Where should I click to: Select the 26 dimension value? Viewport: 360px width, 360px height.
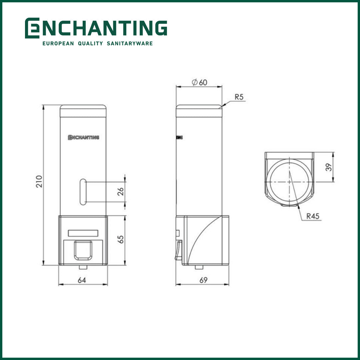(x=121, y=191)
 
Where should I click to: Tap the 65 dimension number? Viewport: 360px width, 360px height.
(x=121, y=239)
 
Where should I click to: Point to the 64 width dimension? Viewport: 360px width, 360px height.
(x=82, y=280)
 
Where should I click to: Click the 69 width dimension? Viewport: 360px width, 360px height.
(x=203, y=280)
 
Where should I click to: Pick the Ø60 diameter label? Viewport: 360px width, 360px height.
(x=200, y=82)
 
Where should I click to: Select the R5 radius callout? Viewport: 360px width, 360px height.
(x=239, y=97)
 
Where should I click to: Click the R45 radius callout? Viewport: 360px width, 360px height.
(x=313, y=216)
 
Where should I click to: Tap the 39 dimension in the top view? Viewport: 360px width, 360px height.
(x=329, y=167)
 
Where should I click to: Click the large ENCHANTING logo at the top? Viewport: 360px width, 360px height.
(x=96, y=28)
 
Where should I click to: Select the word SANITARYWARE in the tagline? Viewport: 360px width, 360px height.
(x=130, y=43)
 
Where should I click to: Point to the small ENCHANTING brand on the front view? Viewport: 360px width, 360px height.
(x=83, y=137)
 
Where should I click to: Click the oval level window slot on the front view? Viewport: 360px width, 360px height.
(x=82, y=191)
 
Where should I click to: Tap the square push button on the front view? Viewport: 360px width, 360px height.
(x=83, y=250)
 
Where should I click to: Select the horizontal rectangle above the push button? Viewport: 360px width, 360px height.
(x=83, y=233)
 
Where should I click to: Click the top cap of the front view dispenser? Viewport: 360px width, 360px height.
(x=83, y=111)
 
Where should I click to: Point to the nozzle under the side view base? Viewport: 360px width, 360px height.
(x=199, y=267)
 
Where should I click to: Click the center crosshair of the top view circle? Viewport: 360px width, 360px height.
(x=289, y=182)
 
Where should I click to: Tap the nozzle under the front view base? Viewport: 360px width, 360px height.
(x=83, y=267)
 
